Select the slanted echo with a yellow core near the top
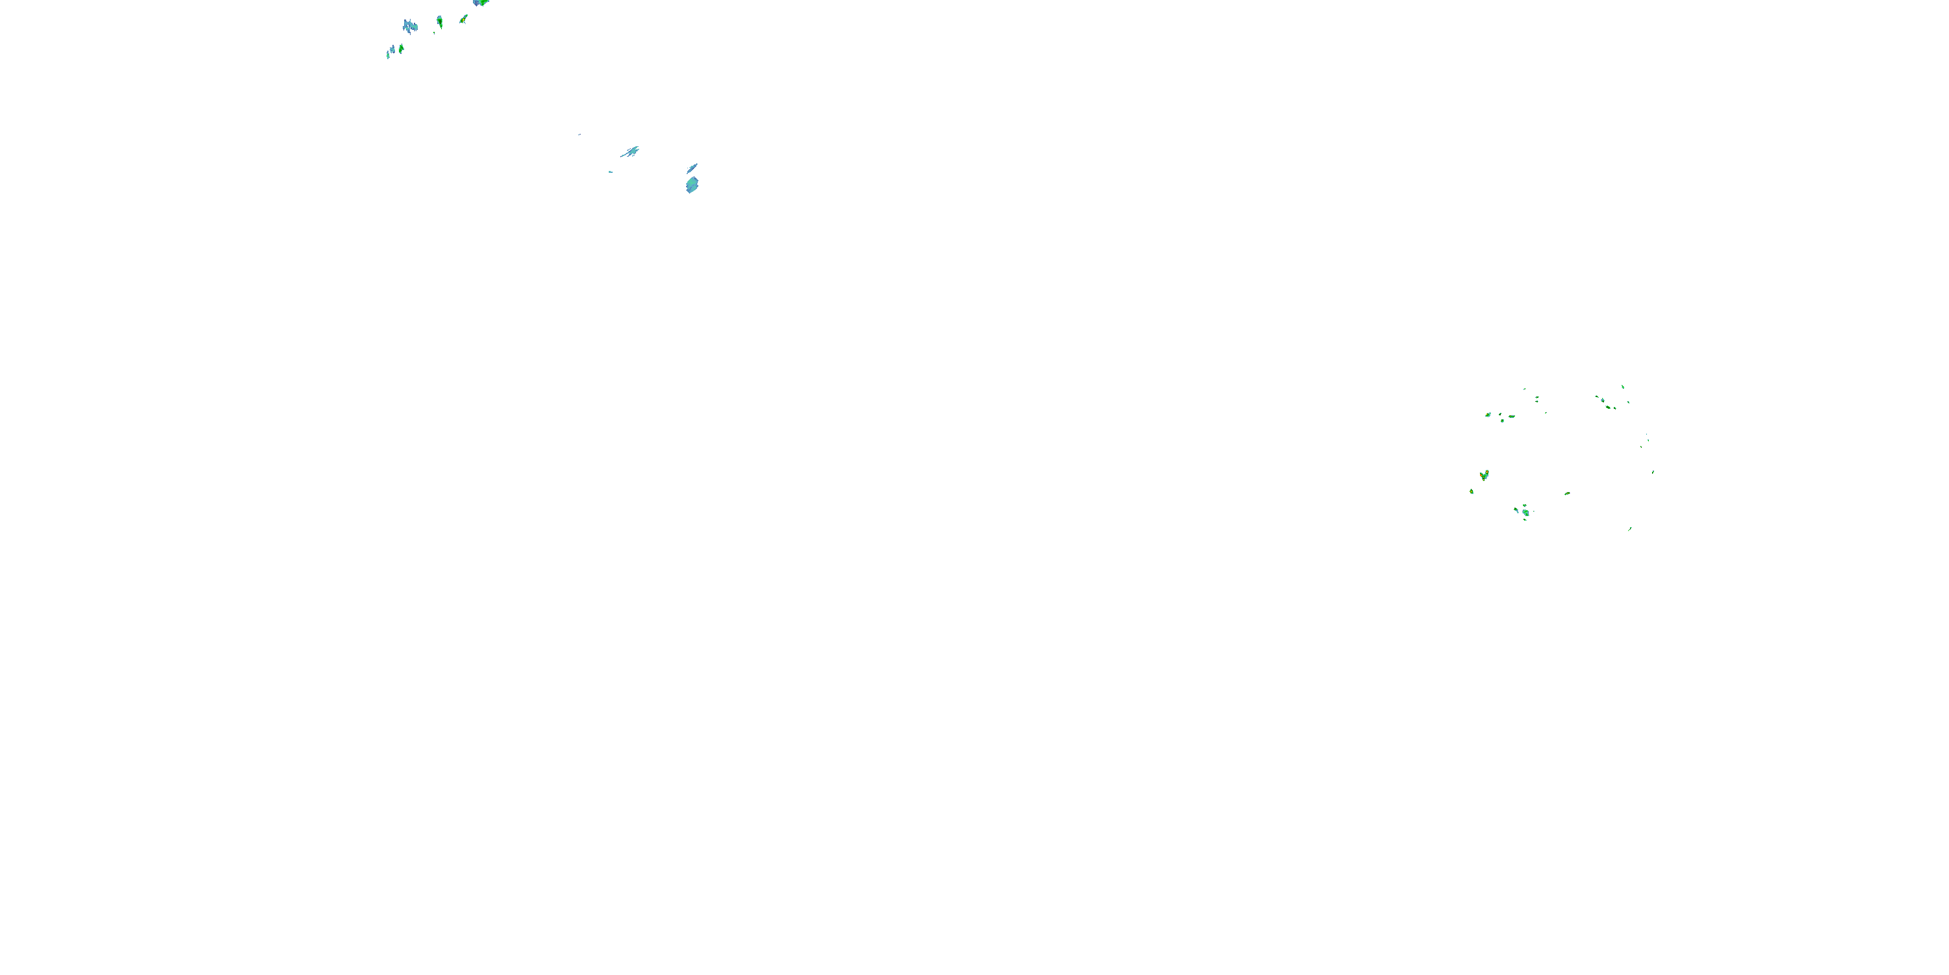[x=463, y=19]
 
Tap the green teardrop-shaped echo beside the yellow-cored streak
[x=440, y=21]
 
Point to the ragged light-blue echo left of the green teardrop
[x=410, y=27]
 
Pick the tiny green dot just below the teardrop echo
[x=434, y=32]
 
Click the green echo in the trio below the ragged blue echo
[x=401, y=49]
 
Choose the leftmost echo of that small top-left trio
[x=387, y=55]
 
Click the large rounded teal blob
[x=691, y=185]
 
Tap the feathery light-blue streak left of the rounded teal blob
[x=630, y=151]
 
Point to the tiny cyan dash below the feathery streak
[x=611, y=172]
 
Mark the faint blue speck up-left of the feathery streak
[x=580, y=135]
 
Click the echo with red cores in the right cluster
[x=1484, y=474]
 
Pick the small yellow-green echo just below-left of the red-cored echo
[x=1471, y=491]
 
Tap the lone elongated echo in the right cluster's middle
[x=1567, y=493]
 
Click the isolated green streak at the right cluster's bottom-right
[x=1630, y=528]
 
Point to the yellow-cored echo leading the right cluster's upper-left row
[x=1488, y=415]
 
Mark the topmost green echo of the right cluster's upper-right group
[x=1622, y=386]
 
